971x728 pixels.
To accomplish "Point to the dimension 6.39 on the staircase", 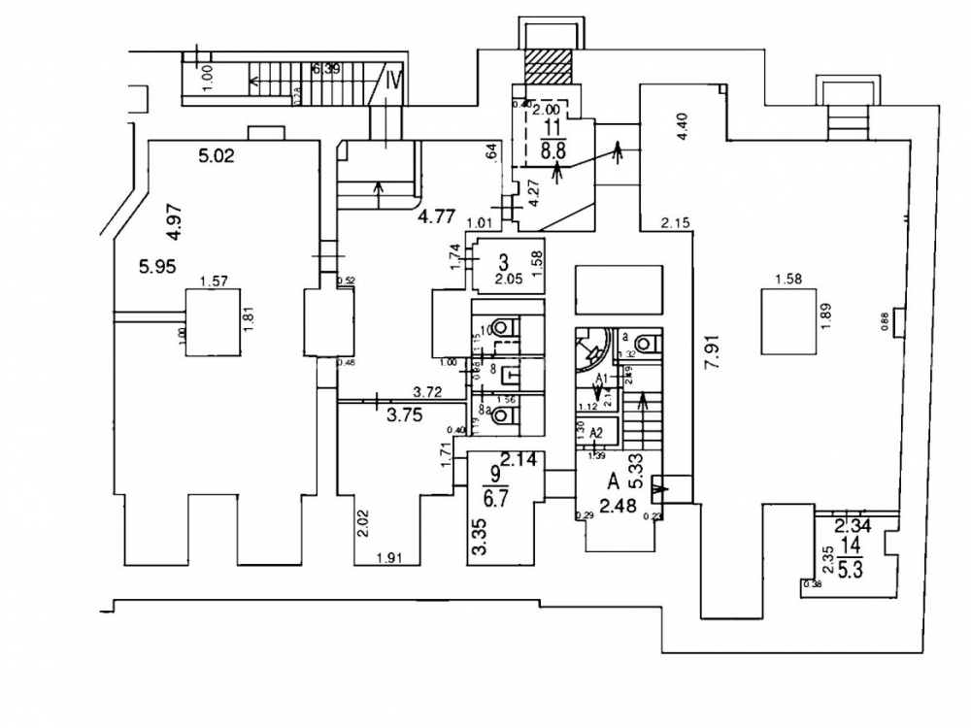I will [x=327, y=70].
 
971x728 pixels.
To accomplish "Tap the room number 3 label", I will [x=503, y=262].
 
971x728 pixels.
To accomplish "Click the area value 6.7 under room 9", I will [x=496, y=502].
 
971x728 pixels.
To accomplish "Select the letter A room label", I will [x=613, y=480].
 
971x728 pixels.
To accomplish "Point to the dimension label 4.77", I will [x=437, y=216].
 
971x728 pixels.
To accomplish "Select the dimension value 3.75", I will [x=406, y=415].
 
